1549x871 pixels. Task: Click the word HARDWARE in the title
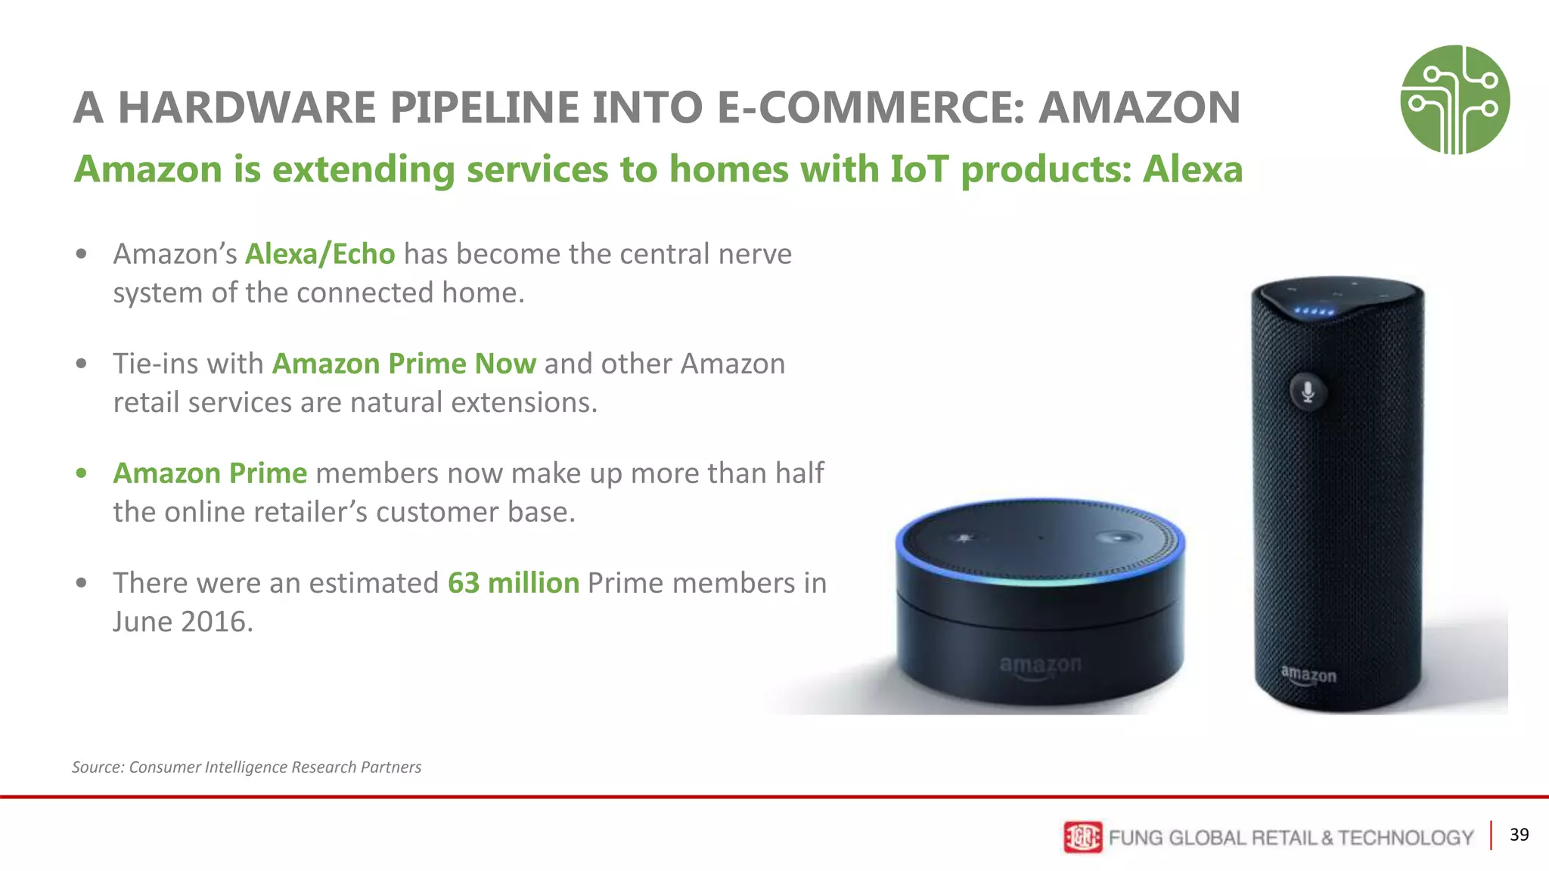coord(247,107)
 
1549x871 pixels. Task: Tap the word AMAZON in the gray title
coord(1139,107)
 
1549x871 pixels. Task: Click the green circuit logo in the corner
coord(1454,100)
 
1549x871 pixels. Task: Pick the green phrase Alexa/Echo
coord(319,254)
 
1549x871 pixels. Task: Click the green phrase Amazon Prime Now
coord(404,364)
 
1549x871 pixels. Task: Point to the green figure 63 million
coord(513,583)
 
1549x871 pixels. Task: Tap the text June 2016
coord(183,621)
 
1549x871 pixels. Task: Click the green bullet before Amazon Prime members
coord(82,474)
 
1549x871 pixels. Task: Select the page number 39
coord(1519,835)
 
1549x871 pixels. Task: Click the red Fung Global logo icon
coord(1082,837)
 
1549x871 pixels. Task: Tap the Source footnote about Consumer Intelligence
coord(247,767)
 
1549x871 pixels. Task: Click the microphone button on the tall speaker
coord(1307,392)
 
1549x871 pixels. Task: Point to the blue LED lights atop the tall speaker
coord(1314,311)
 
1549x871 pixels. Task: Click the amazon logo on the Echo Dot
coord(1040,665)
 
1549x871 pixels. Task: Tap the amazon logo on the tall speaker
coord(1308,674)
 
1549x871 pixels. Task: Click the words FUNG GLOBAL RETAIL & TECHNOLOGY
coord(1290,838)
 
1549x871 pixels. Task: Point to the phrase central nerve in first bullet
coord(705,254)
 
